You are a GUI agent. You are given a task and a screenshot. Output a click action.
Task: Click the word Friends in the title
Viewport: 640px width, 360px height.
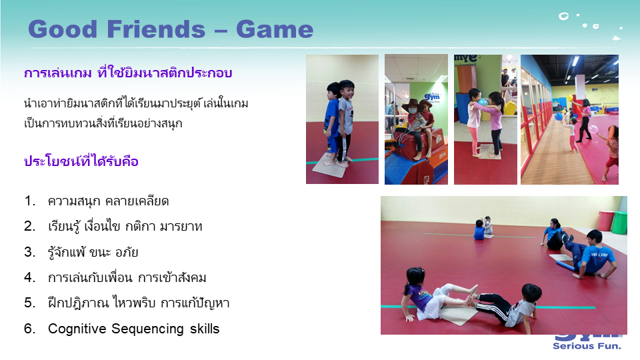[156, 29]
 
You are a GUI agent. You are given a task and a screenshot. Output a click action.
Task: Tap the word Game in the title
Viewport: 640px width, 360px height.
[275, 29]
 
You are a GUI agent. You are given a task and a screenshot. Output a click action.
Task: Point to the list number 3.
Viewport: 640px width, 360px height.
[29, 252]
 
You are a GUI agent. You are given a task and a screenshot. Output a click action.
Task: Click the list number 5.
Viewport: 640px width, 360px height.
[29, 303]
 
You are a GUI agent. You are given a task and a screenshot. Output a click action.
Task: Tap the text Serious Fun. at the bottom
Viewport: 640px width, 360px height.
[587, 346]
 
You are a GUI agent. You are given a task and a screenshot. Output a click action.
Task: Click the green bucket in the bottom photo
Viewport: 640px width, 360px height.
[619, 223]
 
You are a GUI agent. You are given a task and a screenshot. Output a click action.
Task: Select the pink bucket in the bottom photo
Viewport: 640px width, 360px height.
[606, 221]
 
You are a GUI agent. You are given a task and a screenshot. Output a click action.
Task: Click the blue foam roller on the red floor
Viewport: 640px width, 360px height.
[565, 266]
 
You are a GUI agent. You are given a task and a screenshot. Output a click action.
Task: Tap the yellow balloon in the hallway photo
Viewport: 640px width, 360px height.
[569, 98]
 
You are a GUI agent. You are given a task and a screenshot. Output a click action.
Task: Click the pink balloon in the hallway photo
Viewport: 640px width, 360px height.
[593, 129]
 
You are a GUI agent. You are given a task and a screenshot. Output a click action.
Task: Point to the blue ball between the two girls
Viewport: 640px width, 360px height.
[483, 102]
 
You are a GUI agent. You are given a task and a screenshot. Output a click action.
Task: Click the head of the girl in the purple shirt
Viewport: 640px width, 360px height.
[415, 277]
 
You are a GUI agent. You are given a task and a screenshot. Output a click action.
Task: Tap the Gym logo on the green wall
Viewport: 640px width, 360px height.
[432, 97]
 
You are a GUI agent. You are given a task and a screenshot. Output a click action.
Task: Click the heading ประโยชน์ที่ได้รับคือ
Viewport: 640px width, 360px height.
[81, 161]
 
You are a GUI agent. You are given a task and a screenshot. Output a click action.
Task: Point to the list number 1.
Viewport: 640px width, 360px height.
[29, 201]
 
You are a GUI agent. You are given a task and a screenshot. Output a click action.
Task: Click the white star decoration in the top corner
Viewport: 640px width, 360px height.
[616, 39]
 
